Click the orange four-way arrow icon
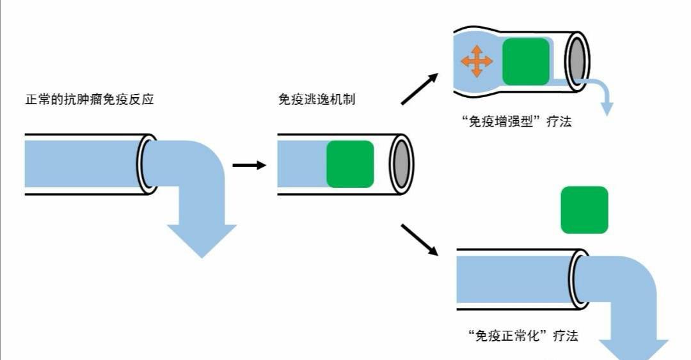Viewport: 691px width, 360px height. [x=477, y=61]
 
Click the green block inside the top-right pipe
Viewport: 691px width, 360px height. [x=526, y=61]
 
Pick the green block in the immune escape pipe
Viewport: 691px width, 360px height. [x=350, y=164]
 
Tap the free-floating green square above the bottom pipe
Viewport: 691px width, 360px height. [x=584, y=210]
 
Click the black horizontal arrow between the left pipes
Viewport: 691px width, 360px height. [x=248, y=166]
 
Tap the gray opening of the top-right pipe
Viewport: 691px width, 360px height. [x=576, y=61]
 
